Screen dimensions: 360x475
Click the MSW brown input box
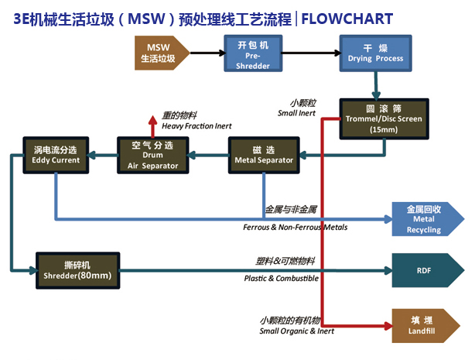pos(158,53)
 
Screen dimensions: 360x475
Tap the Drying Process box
pos(374,53)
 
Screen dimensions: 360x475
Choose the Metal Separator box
pos(264,154)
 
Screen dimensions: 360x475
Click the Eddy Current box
pos(55,154)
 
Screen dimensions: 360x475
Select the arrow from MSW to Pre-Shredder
pos(201,53)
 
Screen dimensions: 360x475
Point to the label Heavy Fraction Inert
pos(196,125)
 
